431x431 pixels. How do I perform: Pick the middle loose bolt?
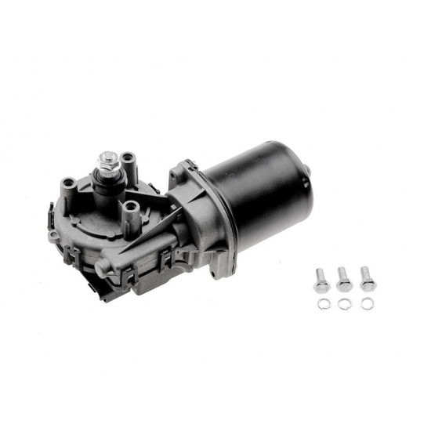343,278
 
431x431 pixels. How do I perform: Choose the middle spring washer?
344,302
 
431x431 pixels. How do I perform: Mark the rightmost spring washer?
365,302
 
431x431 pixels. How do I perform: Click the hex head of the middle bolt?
342,272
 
